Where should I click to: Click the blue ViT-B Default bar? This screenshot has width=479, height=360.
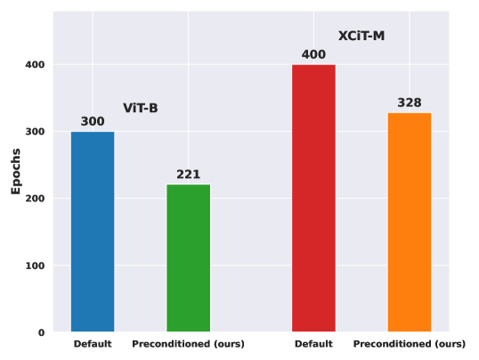(x=93, y=232)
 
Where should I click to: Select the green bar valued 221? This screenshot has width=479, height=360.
(x=188, y=258)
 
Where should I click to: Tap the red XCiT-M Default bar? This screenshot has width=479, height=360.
(x=313, y=198)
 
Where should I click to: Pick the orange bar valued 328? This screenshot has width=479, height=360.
(x=410, y=223)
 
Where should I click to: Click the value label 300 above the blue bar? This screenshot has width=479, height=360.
(x=93, y=121)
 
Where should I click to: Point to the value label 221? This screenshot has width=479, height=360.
(x=188, y=175)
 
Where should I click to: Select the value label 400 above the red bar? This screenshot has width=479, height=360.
(x=313, y=54)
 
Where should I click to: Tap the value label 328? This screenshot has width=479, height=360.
(x=410, y=102)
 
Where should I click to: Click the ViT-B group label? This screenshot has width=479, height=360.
(x=141, y=108)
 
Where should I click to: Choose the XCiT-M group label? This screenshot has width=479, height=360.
(x=361, y=37)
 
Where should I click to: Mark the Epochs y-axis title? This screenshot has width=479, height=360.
(x=15, y=171)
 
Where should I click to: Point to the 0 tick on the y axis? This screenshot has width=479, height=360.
(x=42, y=332)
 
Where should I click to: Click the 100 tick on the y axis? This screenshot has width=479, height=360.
(x=35, y=266)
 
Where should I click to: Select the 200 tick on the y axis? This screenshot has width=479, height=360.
(x=35, y=199)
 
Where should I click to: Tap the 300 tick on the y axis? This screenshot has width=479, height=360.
(x=35, y=132)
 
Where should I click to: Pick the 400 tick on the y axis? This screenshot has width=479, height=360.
(x=35, y=65)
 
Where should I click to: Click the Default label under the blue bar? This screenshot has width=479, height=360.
(x=93, y=344)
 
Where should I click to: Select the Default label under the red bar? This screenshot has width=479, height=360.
(x=313, y=344)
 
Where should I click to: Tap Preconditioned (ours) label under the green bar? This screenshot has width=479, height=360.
(x=188, y=344)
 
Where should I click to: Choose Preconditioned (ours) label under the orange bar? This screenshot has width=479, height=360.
(x=410, y=344)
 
